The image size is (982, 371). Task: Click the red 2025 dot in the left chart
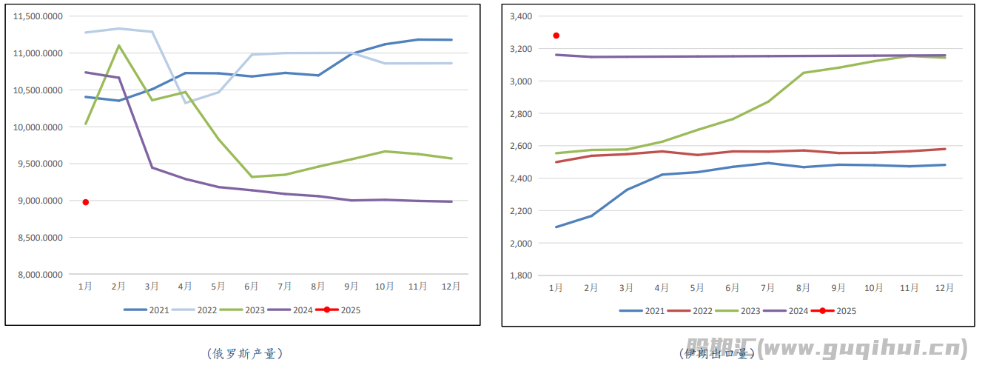[x=86, y=202]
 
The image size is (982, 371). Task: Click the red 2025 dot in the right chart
[x=556, y=36]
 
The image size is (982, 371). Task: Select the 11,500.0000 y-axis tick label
[x=40, y=16]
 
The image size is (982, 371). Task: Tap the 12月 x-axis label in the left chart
[x=451, y=286]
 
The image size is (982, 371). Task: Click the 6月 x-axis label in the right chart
[x=733, y=287]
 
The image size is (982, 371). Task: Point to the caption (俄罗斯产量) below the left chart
[x=244, y=354]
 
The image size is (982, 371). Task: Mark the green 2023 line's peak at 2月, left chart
[x=119, y=45]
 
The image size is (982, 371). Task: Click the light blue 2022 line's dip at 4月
[x=185, y=103]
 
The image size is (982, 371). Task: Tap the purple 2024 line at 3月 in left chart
[x=152, y=167]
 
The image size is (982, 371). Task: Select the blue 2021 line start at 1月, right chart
[x=556, y=227]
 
